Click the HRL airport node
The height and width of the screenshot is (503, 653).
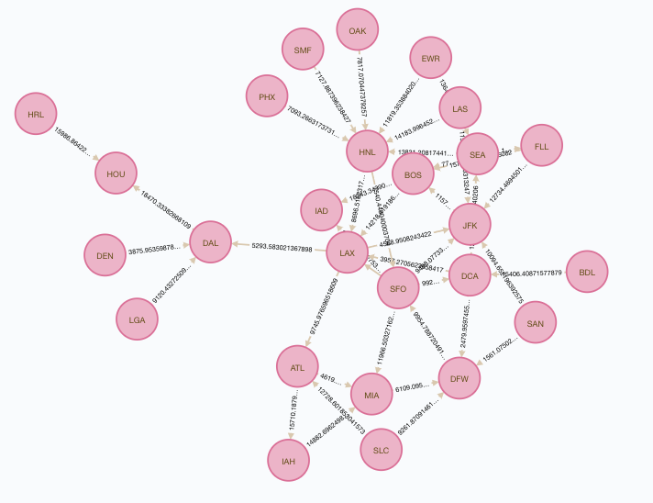click(36, 115)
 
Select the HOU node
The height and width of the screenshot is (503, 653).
click(116, 173)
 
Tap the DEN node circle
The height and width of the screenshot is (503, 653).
click(105, 256)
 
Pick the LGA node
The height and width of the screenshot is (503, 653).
click(137, 319)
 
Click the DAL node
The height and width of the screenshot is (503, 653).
click(210, 243)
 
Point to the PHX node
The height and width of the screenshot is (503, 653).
click(267, 96)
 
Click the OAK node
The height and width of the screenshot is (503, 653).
click(357, 31)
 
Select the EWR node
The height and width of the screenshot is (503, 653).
click(431, 59)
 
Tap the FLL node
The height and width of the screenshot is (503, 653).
click(541, 146)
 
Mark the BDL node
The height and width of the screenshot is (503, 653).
click(587, 273)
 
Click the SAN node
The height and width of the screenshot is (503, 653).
click(535, 323)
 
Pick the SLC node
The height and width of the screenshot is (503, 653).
click(382, 450)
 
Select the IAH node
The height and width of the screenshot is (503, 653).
click(288, 461)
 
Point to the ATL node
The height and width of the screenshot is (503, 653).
click(297, 368)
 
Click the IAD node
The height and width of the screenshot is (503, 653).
click(321, 211)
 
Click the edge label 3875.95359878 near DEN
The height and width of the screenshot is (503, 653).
click(160, 250)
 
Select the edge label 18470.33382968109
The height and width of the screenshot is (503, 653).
click(166, 210)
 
